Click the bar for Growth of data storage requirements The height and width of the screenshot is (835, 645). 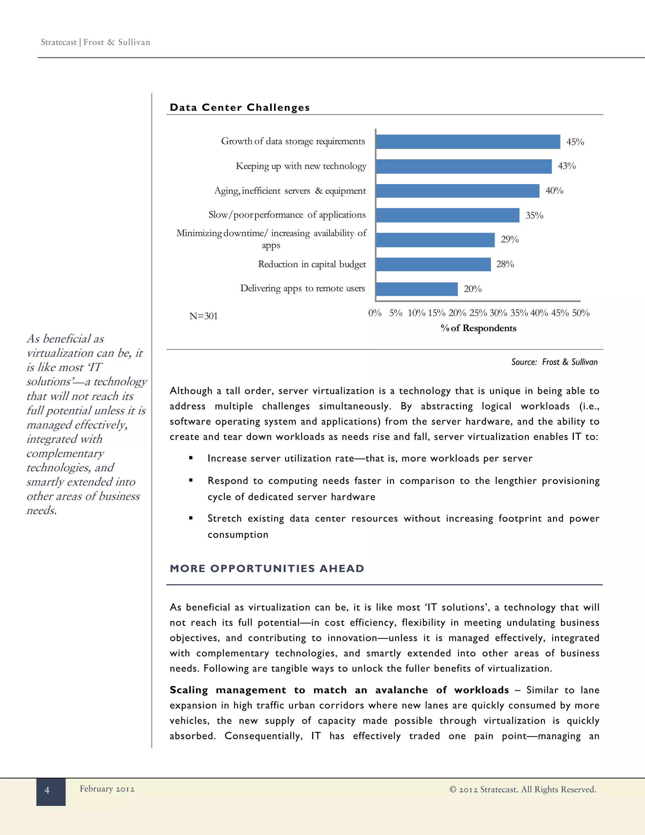pyautogui.click(x=468, y=141)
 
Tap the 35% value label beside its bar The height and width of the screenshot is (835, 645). pyautogui.click(x=534, y=216)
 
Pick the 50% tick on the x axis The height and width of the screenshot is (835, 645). pyautogui.click(x=580, y=313)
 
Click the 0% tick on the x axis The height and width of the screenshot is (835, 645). pyautogui.click(x=374, y=313)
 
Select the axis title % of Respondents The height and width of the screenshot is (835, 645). pyautogui.click(x=478, y=328)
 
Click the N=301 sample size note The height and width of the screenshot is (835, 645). pyautogui.click(x=203, y=316)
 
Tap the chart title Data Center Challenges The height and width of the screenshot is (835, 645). pyautogui.click(x=240, y=107)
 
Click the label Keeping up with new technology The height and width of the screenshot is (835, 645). pyautogui.click(x=301, y=166)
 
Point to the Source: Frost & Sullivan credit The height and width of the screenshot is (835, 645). pyautogui.click(x=554, y=362)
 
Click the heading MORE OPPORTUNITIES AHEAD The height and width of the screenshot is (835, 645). pyautogui.click(x=267, y=568)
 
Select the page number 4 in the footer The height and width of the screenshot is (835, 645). pyautogui.click(x=47, y=790)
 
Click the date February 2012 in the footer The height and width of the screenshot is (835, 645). pyautogui.click(x=107, y=789)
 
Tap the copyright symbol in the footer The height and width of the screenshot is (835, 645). pyautogui.click(x=453, y=790)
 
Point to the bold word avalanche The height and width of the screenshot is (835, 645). pyautogui.click(x=401, y=690)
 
